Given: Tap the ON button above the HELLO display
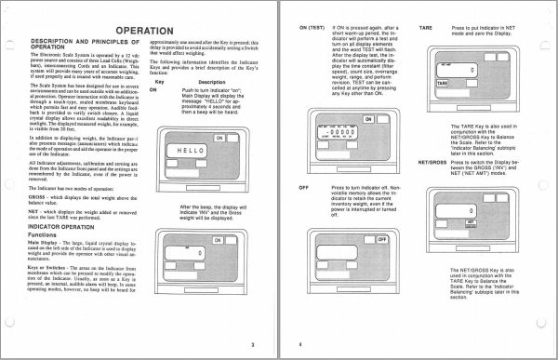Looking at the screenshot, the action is click(219, 138).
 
